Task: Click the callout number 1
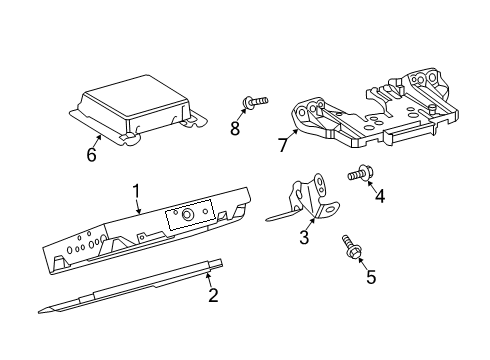[137, 190]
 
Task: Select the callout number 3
[304, 237]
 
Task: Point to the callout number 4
[379, 196]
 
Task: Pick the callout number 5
[370, 276]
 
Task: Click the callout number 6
[92, 155]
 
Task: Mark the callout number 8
[236, 128]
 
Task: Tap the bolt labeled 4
[360, 175]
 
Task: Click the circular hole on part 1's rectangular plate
[187, 214]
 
